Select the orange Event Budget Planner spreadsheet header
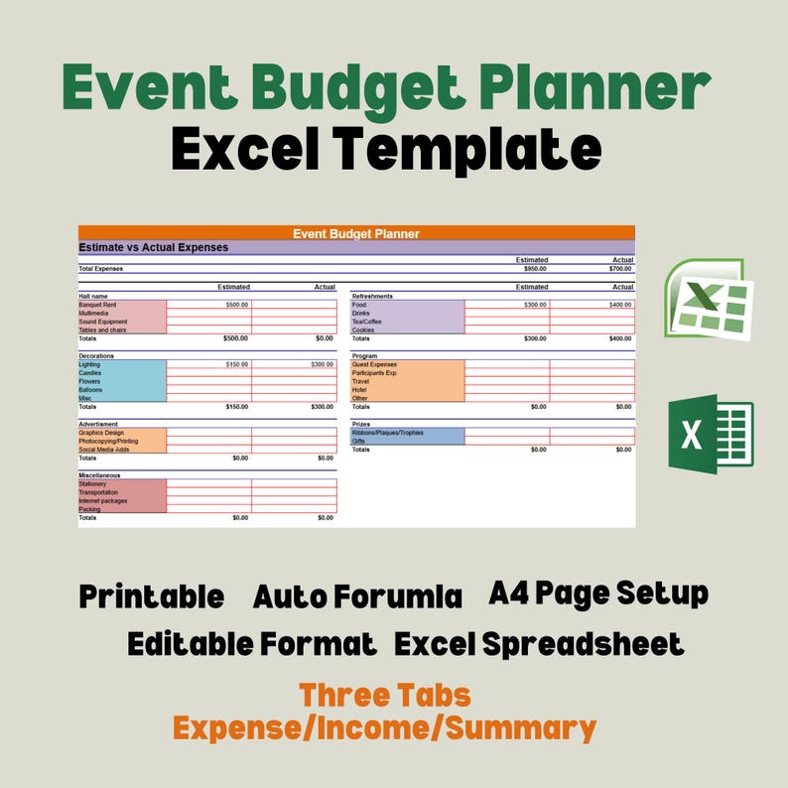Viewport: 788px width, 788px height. pyautogui.click(x=356, y=234)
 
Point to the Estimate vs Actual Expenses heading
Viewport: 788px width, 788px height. pyautogui.click(x=154, y=247)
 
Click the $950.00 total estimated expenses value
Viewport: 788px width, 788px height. pyautogui.click(x=535, y=268)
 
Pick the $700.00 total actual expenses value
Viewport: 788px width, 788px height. pyautogui.click(x=620, y=268)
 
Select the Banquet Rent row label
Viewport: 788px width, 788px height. pyautogui.click(x=98, y=305)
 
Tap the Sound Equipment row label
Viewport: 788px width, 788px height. pyautogui.click(x=103, y=322)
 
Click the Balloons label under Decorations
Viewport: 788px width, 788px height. pyautogui.click(x=91, y=390)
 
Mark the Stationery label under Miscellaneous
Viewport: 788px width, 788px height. pyautogui.click(x=95, y=484)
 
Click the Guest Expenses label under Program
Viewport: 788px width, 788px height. pyautogui.click(x=374, y=364)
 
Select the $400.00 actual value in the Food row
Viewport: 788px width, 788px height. pyautogui.click(x=620, y=305)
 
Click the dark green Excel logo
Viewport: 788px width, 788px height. pyautogui.click(x=711, y=434)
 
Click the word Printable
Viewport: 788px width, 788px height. pyautogui.click(x=151, y=597)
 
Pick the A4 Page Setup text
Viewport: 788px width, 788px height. pyautogui.click(x=598, y=593)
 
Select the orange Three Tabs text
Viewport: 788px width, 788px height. pyautogui.click(x=385, y=695)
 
